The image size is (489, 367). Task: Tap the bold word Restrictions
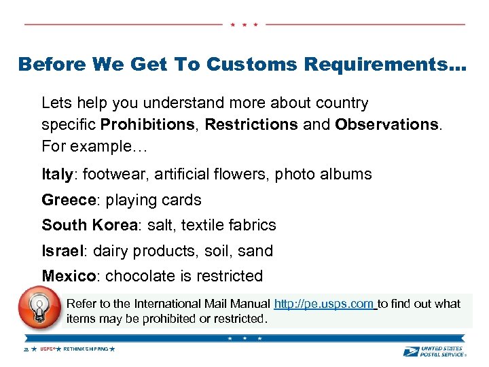(251, 124)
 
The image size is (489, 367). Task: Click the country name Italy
(56, 175)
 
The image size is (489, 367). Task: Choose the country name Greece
(67, 200)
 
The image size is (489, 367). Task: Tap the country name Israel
(61, 251)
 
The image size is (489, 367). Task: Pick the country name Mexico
(69, 276)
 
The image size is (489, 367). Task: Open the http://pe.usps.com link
(324, 304)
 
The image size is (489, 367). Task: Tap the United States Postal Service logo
(434, 351)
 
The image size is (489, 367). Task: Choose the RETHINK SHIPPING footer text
(85, 349)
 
